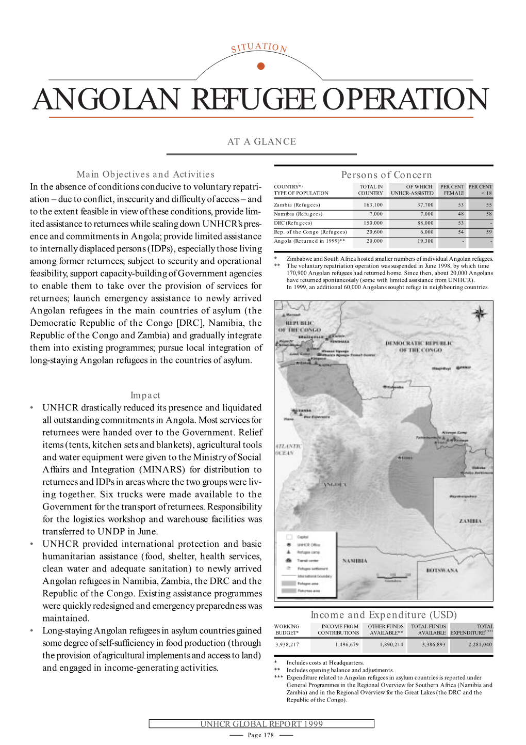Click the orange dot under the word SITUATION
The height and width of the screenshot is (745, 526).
[260, 66]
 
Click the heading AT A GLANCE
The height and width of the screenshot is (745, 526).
[261, 141]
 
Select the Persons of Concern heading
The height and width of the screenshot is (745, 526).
[386, 175]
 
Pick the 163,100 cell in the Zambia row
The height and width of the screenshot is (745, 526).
[373, 205]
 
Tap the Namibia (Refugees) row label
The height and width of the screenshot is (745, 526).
[298, 214]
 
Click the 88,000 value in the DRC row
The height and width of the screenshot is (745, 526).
[425, 223]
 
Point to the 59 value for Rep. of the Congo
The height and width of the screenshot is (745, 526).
[488, 232]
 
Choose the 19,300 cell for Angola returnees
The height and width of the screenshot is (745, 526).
[425, 241]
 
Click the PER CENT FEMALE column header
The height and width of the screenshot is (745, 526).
[452, 190]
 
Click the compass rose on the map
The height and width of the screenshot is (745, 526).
[479, 313]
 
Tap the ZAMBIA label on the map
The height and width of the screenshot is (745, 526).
[470, 521]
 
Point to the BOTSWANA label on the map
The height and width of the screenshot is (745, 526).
[442, 570]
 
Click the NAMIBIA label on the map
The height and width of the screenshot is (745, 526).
[355, 561]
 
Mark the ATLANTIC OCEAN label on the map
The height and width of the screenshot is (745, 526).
[284, 449]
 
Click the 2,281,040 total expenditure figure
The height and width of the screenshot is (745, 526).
[480, 644]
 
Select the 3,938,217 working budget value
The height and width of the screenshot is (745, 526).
[287, 644]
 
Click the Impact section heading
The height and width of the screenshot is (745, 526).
[145, 395]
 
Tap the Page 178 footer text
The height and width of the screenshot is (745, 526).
[261, 735]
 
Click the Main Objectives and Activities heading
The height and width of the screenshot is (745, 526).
[145, 175]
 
